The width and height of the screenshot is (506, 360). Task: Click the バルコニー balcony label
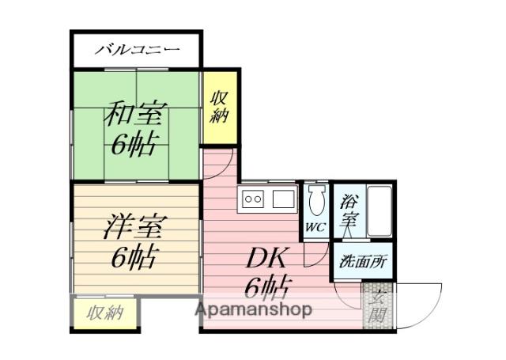coord(138,51)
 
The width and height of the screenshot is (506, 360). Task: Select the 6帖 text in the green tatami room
coord(134,145)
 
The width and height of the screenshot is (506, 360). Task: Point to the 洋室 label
coord(132,228)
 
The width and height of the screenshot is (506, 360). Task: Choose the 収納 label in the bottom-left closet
coord(105,313)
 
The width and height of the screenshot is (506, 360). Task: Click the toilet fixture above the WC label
coord(316,202)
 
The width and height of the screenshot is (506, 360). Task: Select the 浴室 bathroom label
coord(348,211)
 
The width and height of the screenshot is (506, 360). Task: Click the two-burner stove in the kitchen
coord(253,199)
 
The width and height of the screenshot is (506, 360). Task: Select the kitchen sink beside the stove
coord(283,199)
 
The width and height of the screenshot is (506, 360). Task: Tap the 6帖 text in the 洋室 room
coord(132,257)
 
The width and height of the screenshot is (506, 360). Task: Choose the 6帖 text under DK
coord(264,285)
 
